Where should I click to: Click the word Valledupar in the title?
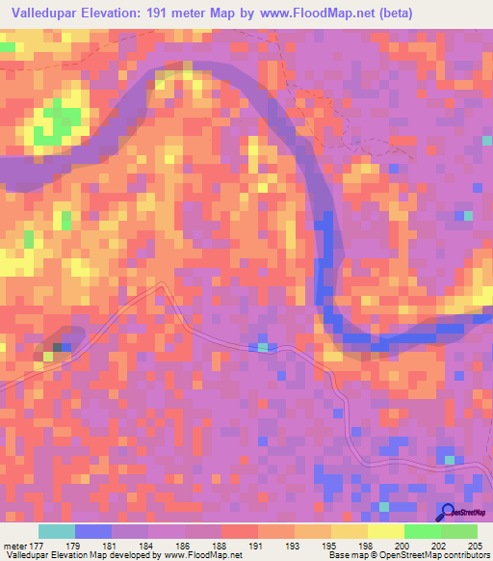45,13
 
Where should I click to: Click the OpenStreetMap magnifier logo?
448,513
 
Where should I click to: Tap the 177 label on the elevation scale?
38,544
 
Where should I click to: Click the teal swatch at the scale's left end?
57,531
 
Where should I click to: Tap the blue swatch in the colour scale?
93,531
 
